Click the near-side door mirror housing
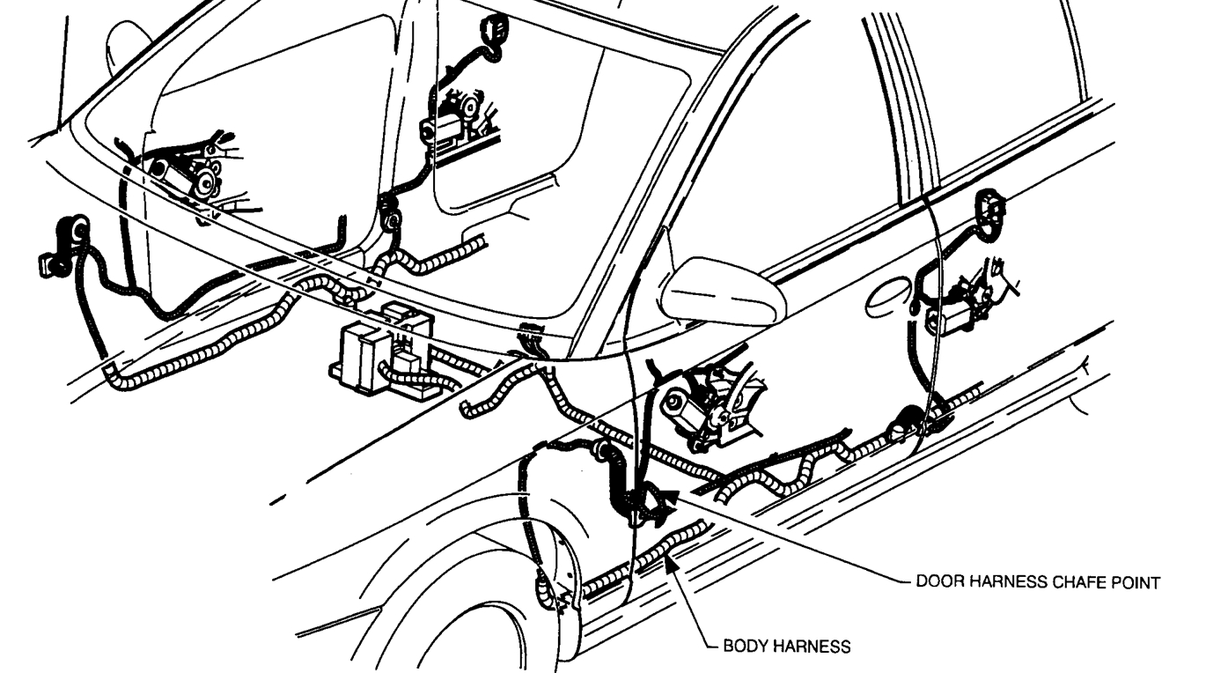(x=722, y=290)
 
